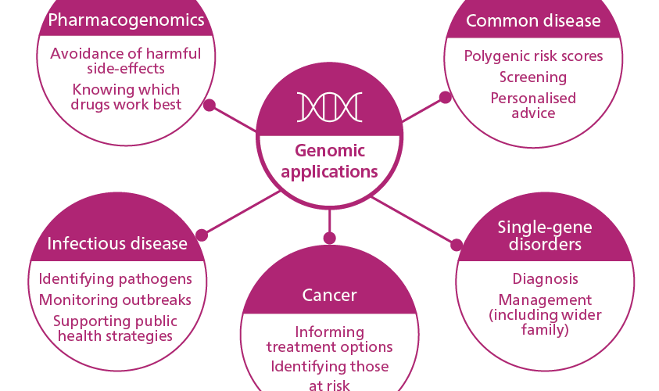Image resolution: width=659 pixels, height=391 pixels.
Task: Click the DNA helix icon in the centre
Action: pos(330,107)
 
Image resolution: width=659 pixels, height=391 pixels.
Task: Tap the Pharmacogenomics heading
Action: pos(126,20)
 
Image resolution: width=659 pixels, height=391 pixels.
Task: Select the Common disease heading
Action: pos(533,20)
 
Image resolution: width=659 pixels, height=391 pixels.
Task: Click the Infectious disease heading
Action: pos(117,243)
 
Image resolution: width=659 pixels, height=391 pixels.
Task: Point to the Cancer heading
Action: pos(330,295)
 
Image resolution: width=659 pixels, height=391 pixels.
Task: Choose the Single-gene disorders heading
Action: pos(545,235)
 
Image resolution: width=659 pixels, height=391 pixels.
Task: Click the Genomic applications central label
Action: pos(330,161)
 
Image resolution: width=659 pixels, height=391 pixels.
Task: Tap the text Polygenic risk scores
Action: pos(533,56)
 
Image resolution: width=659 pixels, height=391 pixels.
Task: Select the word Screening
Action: pos(533,77)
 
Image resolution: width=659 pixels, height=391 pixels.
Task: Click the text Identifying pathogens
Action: pos(115,279)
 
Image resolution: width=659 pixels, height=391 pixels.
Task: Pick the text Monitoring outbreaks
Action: pos(115,300)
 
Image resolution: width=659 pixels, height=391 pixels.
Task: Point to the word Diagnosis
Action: pos(545,278)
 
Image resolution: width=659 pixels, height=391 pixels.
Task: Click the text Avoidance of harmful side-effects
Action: pos(126,61)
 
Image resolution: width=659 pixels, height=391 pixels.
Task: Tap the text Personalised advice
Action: pos(533,106)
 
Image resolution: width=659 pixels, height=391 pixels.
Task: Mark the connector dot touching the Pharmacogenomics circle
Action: pos(210,105)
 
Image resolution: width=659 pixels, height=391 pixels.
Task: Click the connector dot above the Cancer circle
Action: pos(330,238)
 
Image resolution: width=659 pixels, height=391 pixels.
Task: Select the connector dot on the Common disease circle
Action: pos(445,97)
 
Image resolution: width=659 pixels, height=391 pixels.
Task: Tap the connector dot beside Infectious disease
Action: pos(202,235)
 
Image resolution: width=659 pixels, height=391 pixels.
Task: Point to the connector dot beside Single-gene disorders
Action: pos(457,245)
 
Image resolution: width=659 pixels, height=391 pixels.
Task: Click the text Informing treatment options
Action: pos(330,339)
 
